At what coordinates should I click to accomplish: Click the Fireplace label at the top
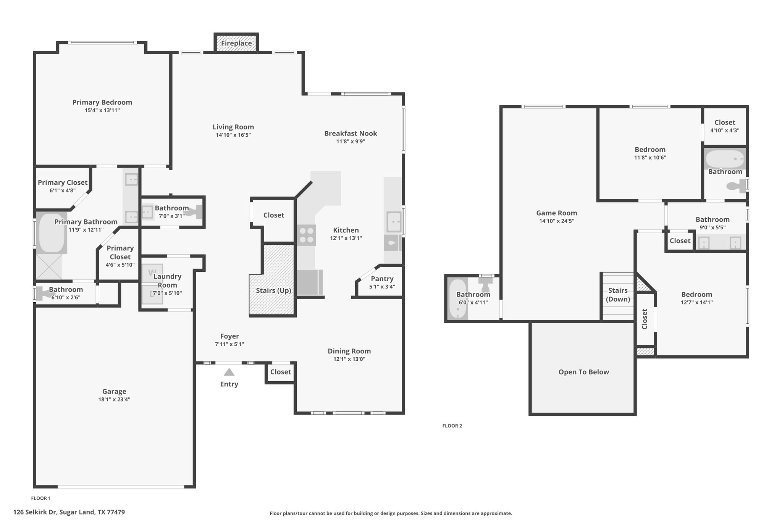tap(236, 43)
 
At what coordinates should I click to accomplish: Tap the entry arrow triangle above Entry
tap(229, 372)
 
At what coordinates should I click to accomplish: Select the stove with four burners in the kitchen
tap(307, 235)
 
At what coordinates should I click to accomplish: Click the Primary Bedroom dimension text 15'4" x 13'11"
tap(102, 110)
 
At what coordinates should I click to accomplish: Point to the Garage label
tap(114, 391)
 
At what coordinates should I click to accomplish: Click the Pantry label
tap(382, 279)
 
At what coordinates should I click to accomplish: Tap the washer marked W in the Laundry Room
tap(152, 273)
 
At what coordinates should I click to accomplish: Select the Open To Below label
tap(584, 372)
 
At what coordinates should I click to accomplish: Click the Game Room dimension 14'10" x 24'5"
tap(557, 221)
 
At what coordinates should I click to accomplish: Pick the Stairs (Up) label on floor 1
tap(274, 290)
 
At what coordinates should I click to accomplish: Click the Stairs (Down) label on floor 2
tap(618, 295)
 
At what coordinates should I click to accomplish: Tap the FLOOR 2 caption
tap(452, 426)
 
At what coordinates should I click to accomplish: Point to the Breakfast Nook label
tap(351, 133)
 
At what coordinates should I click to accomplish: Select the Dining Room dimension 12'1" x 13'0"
tap(349, 359)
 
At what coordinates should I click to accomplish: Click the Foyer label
tap(229, 336)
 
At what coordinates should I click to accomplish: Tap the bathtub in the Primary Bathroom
tap(52, 233)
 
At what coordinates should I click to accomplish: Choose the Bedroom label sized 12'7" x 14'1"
tap(697, 294)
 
